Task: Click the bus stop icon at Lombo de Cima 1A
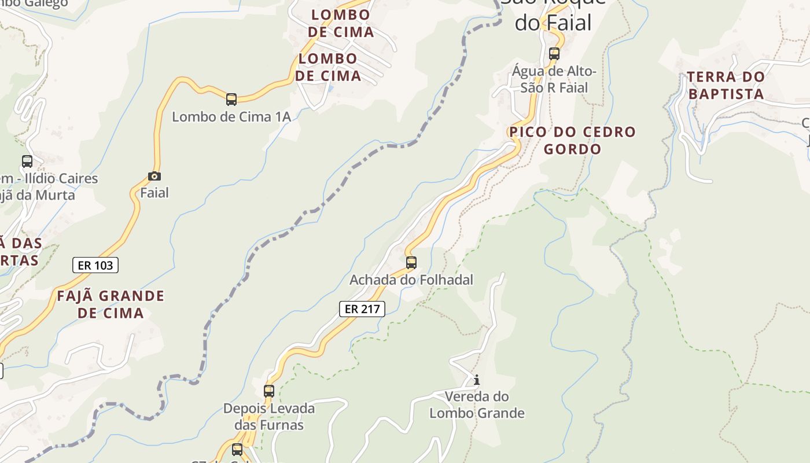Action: pyautogui.click(x=231, y=100)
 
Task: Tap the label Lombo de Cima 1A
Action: pyautogui.click(x=231, y=117)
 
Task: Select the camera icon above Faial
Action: pyautogui.click(x=154, y=176)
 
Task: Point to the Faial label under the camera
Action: pyautogui.click(x=154, y=193)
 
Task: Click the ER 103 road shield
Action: pyautogui.click(x=95, y=265)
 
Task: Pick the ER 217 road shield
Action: pyautogui.click(x=362, y=309)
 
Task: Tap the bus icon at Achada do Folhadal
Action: pyautogui.click(x=411, y=263)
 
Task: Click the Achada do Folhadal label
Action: pyautogui.click(x=411, y=280)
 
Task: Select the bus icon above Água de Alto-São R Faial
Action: pyautogui.click(x=554, y=54)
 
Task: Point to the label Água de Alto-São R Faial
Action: pyautogui.click(x=554, y=79)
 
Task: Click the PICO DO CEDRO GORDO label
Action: pyautogui.click(x=572, y=140)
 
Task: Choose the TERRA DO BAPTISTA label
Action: pyautogui.click(x=726, y=85)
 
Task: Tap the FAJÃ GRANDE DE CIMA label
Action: pyautogui.click(x=111, y=304)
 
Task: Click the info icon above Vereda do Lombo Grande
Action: pyautogui.click(x=477, y=380)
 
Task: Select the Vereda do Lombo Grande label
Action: pyautogui.click(x=477, y=405)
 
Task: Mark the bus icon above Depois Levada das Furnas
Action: pyautogui.click(x=269, y=391)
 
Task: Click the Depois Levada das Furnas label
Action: pyautogui.click(x=269, y=417)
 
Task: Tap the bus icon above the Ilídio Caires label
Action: pyautogui.click(x=27, y=161)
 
